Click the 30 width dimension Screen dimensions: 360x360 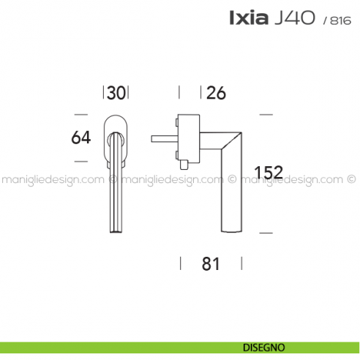tap(116, 93)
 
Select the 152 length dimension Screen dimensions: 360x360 tap(268, 173)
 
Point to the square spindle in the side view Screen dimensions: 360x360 tap(161, 137)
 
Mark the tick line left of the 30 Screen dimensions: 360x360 tap(102, 92)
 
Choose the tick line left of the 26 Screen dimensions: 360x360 tap(180, 92)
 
